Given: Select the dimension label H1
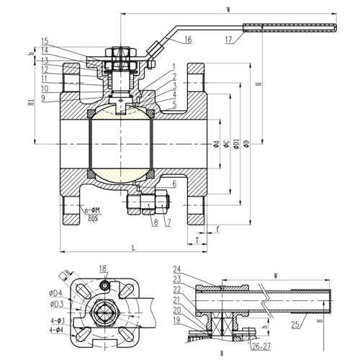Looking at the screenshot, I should [x=30, y=103].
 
